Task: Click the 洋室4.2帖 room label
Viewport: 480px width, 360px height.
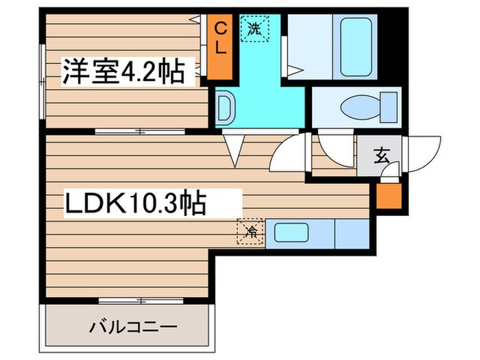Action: (124, 71)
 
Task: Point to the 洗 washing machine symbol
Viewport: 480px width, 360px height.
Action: (254, 28)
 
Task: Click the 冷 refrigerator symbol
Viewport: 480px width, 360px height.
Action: (250, 231)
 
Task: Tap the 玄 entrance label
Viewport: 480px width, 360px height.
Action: (381, 156)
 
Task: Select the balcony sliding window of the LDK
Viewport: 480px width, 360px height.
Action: (138, 300)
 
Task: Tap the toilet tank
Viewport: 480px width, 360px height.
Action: (389, 108)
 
